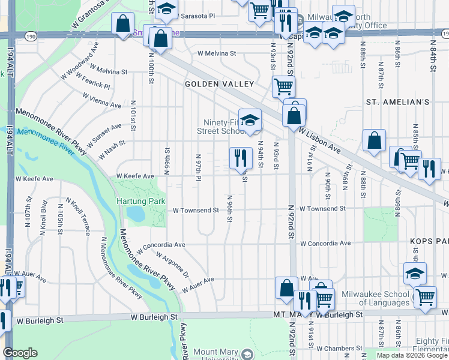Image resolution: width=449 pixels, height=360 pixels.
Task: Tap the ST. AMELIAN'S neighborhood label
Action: tap(398, 103)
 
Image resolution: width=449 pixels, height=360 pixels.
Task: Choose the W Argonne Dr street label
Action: tap(172, 265)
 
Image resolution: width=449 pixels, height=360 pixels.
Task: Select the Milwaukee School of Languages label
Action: tap(376, 295)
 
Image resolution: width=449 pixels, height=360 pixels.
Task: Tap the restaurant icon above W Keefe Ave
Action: tap(240, 158)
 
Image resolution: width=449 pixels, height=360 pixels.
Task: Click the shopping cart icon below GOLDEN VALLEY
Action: tap(283, 86)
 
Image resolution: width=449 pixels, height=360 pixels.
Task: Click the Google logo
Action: tap(20, 353)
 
